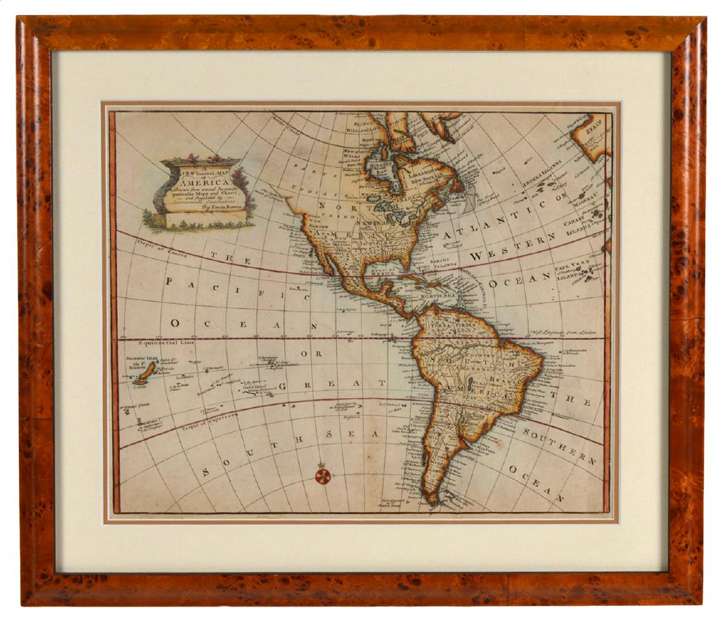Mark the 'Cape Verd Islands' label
(x=573, y=269)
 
